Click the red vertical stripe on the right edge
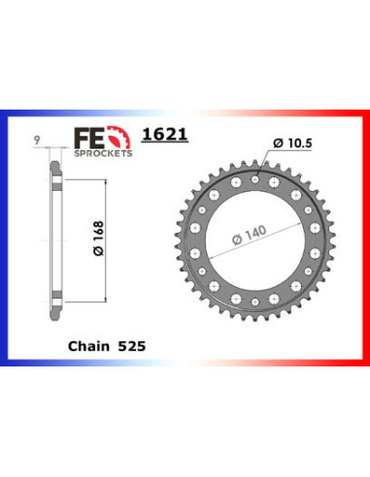click(366, 238)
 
